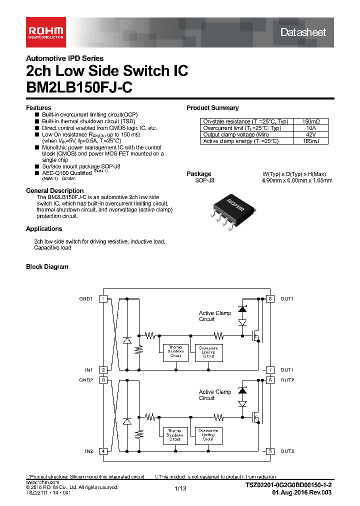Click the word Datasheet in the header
click(303, 32)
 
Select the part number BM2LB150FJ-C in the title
click(79, 87)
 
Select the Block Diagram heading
click(47, 267)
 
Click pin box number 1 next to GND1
click(103, 299)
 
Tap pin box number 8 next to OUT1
click(270, 299)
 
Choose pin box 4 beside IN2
click(103, 451)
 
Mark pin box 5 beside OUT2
click(270, 451)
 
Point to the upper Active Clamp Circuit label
click(215, 316)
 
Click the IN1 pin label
click(88, 370)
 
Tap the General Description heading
click(54, 190)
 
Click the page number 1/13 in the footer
click(180, 488)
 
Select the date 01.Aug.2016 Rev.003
click(301, 492)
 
